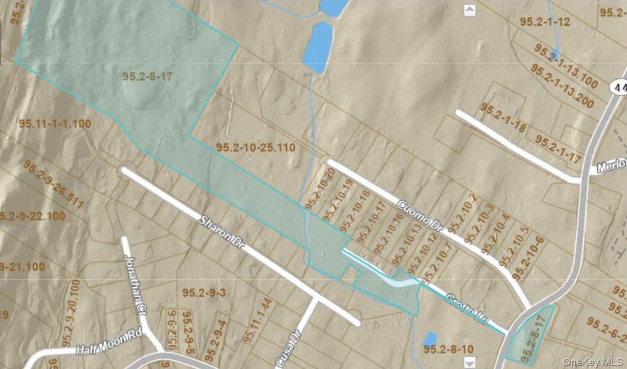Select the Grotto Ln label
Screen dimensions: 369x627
coord(466,307)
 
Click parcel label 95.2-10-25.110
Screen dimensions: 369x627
coord(256,148)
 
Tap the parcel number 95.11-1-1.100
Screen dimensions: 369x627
coord(55,124)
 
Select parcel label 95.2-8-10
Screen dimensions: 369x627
coord(448,349)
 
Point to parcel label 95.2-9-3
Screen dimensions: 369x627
coord(204,293)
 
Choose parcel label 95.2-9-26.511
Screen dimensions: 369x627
coord(53,184)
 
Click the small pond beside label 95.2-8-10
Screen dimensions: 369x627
coord(430,339)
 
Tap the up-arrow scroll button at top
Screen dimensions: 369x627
coord(470,10)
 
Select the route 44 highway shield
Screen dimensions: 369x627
coord(620,87)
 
